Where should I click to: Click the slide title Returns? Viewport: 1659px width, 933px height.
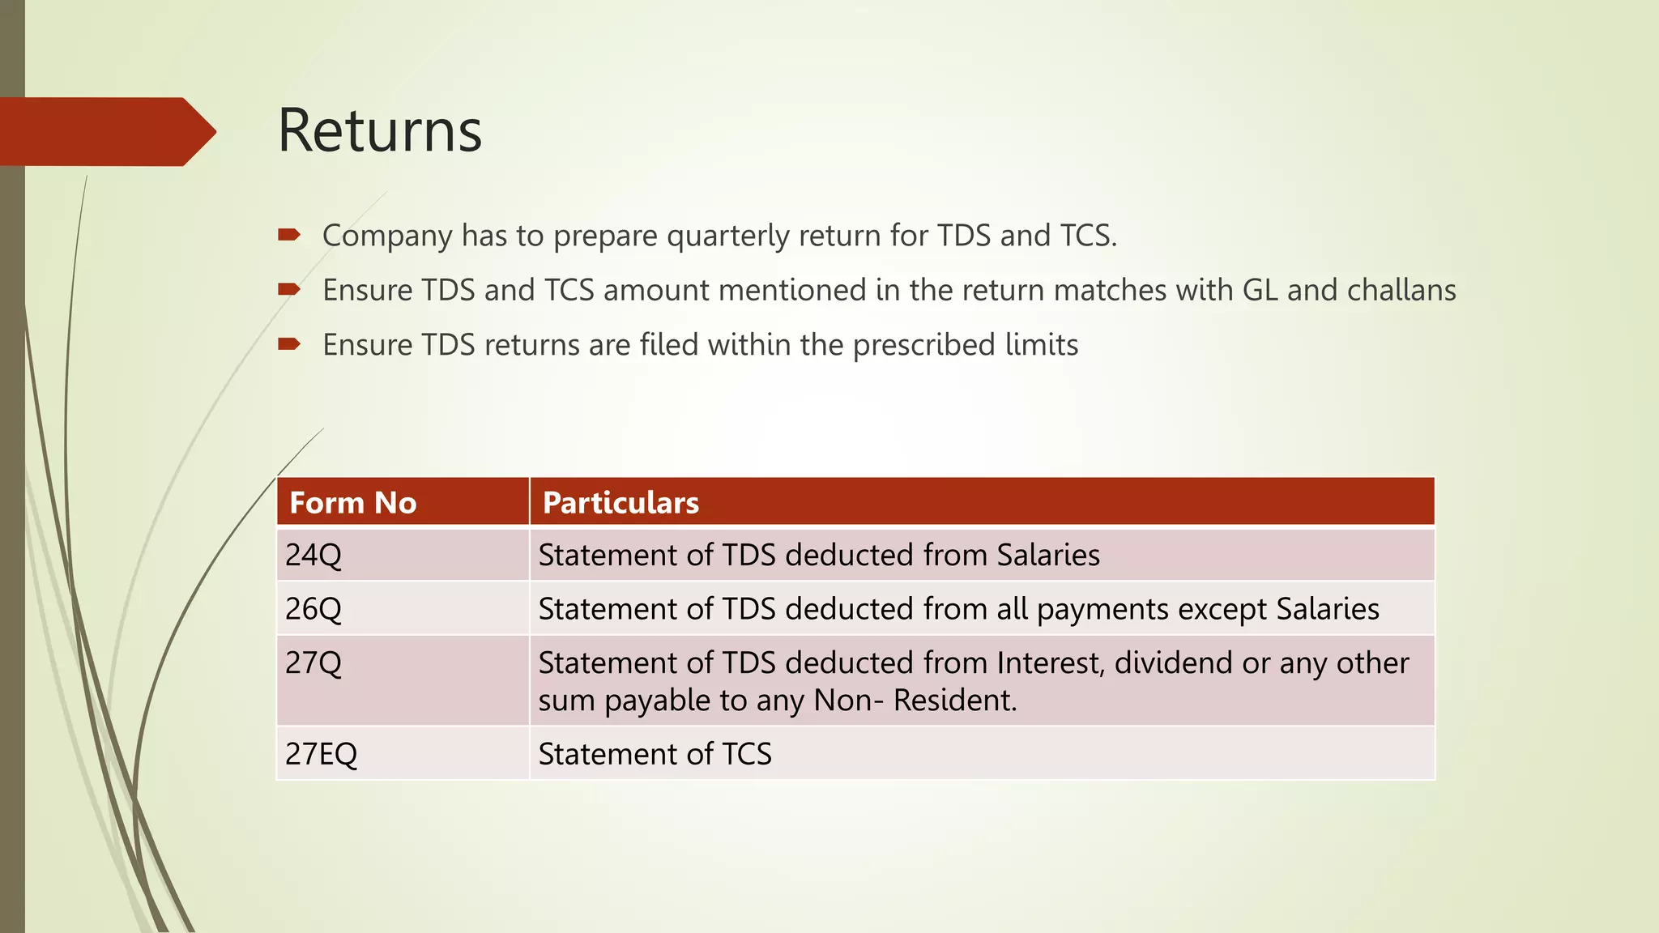click(379, 130)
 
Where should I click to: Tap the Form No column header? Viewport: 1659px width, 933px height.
click(353, 503)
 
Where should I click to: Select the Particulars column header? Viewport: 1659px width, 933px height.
click(621, 503)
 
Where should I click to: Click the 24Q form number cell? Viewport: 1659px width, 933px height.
click(313, 556)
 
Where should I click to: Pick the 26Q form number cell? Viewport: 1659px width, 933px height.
click(313, 609)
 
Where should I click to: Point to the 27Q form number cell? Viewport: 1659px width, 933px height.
click(313, 663)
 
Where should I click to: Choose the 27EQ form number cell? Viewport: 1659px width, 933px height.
click(321, 754)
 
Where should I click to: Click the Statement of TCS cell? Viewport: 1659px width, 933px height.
click(655, 754)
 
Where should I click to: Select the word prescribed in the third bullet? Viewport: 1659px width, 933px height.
click(924, 346)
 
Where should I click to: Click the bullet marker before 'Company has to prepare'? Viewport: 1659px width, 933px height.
click(289, 235)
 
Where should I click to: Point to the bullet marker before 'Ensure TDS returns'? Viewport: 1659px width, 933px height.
click(289, 344)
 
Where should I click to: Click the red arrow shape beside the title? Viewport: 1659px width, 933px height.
click(105, 131)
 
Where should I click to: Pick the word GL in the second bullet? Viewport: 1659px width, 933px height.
click(1260, 290)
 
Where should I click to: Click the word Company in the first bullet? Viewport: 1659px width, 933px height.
click(387, 236)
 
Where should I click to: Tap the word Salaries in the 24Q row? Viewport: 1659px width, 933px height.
click(1048, 556)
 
